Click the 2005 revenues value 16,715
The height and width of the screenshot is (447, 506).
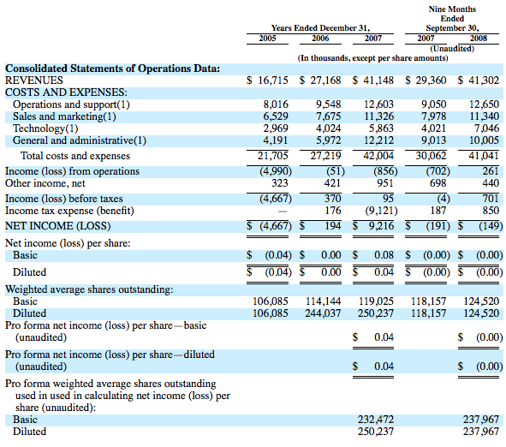click(x=272, y=80)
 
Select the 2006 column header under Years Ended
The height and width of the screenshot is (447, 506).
click(x=320, y=38)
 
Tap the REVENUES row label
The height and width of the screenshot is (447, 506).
click(x=34, y=80)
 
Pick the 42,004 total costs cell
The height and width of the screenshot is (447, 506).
click(x=378, y=156)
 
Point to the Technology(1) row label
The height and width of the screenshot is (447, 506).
click(x=45, y=128)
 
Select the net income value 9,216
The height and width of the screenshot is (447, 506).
click(x=382, y=226)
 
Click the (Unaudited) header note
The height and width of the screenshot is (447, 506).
click(x=452, y=49)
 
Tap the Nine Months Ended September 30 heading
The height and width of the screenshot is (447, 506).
click(x=452, y=18)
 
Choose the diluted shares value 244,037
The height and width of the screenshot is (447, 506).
click(x=323, y=313)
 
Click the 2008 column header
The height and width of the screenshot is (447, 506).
click(x=478, y=38)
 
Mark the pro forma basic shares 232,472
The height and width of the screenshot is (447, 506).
click(x=376, y=420)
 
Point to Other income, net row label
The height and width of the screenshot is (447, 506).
click(x=45, y=183)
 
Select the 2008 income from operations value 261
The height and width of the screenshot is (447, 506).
click(x=491, y=171)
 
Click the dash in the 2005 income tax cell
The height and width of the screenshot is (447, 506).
click(x=283, y=212)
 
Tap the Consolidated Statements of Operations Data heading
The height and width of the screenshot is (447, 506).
click(x=112, y=69)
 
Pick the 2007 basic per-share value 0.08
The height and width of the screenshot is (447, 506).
click(x=384, y=255)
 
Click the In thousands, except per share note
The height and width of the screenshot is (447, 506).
click(x=372, y=58)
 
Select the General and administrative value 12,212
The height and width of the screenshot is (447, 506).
click(x=378, y=140)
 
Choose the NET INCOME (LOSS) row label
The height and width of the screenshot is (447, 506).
click(x=57, y=226)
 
